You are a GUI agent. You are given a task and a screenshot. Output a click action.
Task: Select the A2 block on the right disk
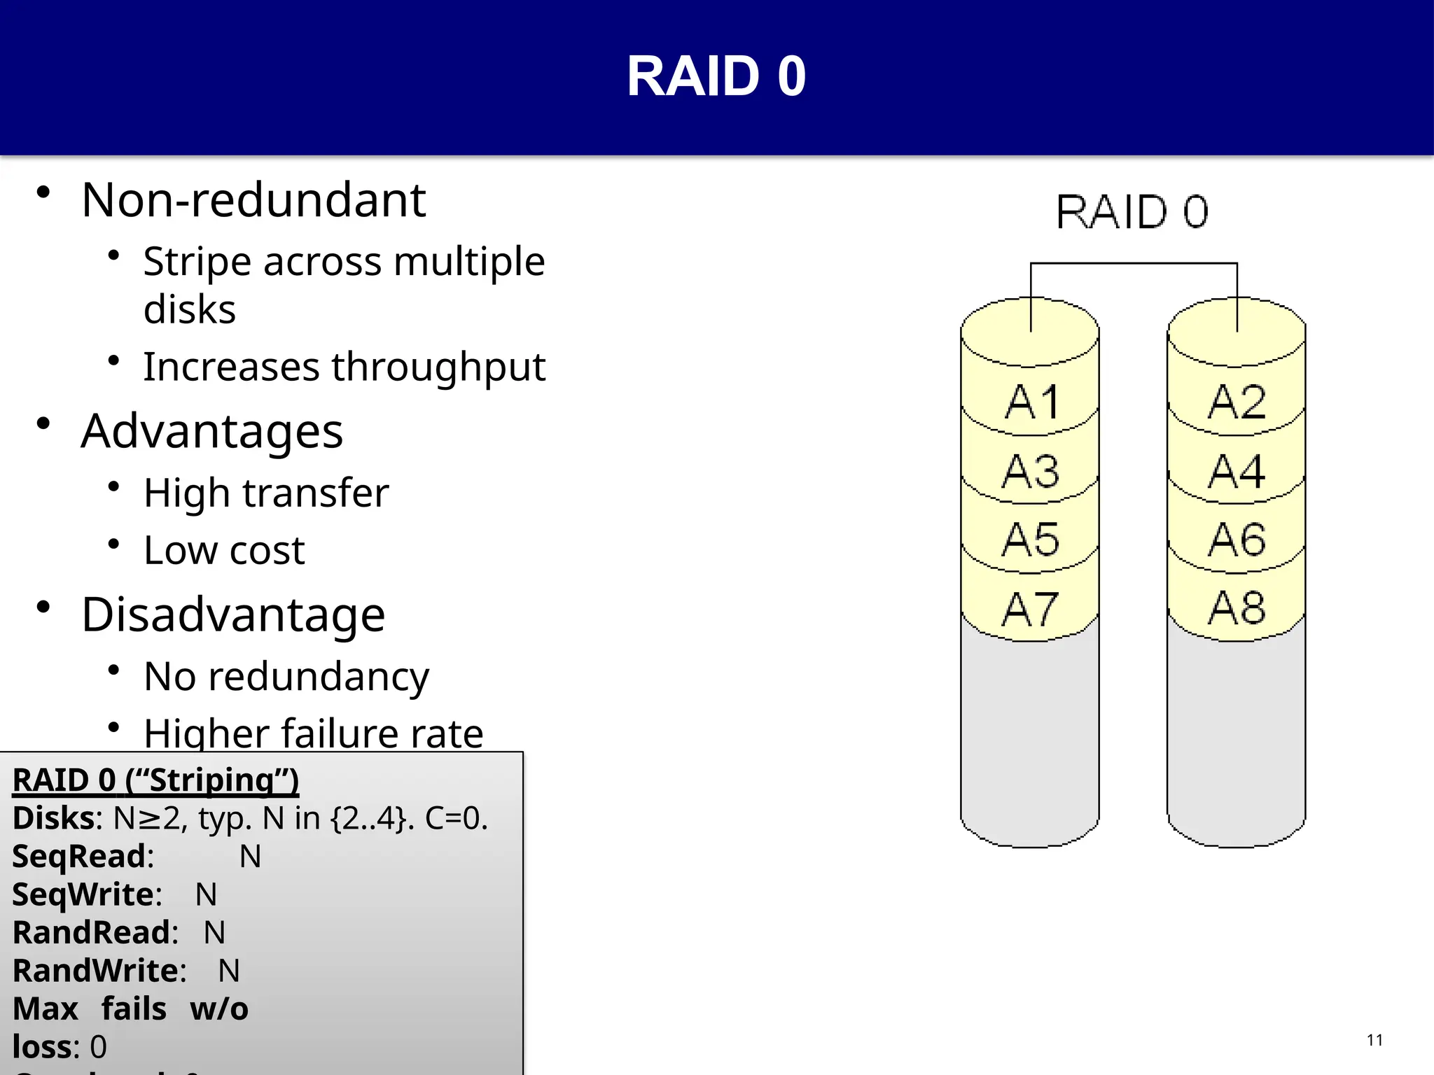click(x=1237, y=402)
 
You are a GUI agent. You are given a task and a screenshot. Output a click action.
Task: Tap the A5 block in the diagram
click(x=1030, y=540)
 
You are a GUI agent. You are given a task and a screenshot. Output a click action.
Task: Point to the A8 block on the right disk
click(x=1237, y=607)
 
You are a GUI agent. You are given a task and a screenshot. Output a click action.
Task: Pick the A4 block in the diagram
click(x=1237, y=471)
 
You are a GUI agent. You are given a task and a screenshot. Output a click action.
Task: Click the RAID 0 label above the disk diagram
click(x=1132, y=212)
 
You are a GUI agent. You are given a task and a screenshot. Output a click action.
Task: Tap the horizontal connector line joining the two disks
click(x=1134, y=264)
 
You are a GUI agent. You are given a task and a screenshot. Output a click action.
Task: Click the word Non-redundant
click(x=253, y=200)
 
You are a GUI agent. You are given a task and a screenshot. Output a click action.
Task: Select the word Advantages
click(x=212, y=431)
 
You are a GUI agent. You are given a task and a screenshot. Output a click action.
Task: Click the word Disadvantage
click(x=233, y=614)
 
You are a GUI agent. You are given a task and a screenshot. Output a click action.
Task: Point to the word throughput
click(x=438, y=367)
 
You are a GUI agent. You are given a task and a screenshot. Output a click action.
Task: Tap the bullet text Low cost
click(x=224, y=550)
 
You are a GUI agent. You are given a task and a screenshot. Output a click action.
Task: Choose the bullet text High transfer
click(x=266, y=493)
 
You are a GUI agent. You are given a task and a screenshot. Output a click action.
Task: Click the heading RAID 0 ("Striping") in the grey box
click(x=155, y=780)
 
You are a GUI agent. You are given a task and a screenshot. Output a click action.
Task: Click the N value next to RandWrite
click(x=229, y=971)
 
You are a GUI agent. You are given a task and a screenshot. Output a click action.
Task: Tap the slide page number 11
click(x=1374, y=1040)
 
